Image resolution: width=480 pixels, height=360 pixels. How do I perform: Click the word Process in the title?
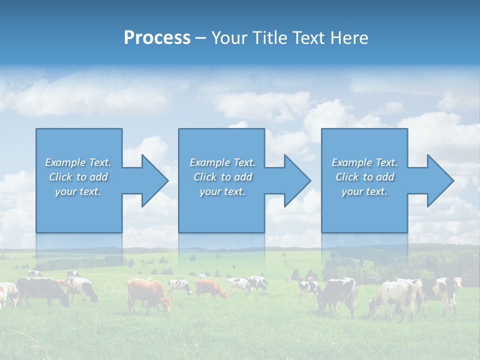pos(157,38)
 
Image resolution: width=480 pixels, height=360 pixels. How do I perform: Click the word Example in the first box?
pos(65,162)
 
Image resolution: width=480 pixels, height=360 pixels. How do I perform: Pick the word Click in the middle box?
pos(205,177)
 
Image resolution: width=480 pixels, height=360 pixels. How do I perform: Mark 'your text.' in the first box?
pos(78,191)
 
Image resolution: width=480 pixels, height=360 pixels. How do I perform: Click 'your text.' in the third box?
pos(364,191)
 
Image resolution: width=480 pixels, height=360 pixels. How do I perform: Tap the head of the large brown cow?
pos(165,304)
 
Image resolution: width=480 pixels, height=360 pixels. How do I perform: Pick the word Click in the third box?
pos(347,177)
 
